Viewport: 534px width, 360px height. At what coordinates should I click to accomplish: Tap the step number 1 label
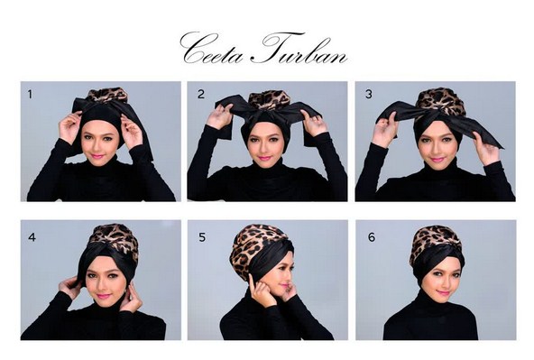(x=30, y=93)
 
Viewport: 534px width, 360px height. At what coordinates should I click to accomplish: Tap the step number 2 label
(x=201, y=93)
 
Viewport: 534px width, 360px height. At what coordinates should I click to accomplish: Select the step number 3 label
(x=368, y=93)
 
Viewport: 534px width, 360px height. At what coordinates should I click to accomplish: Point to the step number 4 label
(x=31, y=238)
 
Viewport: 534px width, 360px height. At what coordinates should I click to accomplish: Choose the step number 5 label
(x=201, y=238)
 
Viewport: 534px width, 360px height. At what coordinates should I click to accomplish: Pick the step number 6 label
(x=368, y=238)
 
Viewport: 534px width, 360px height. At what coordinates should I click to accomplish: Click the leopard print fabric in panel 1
(x=106, y=95)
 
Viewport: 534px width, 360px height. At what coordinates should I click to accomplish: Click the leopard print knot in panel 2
(x=268, y=99)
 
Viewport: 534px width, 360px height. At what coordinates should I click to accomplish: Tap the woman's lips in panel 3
(x=437, y=158)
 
